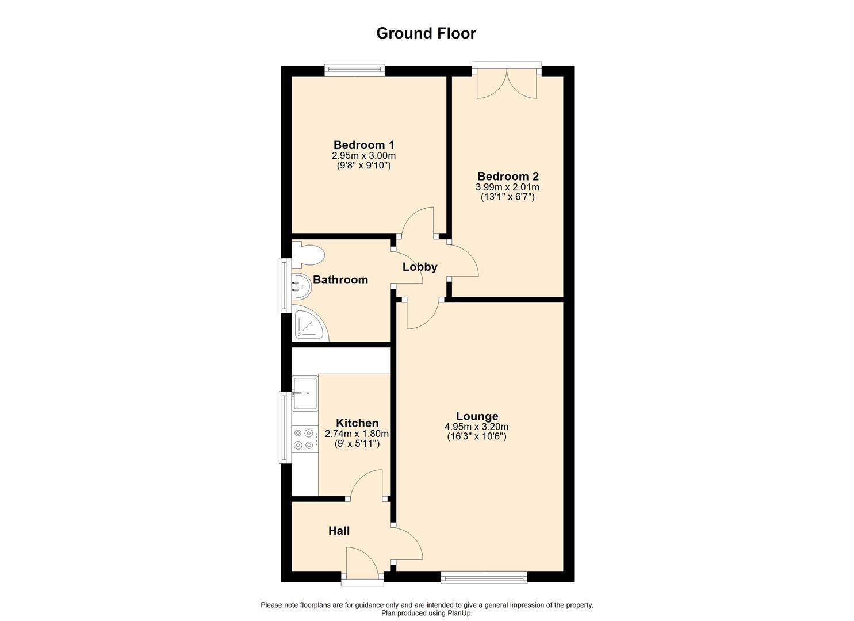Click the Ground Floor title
[426, 33]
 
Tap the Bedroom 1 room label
[363, 145]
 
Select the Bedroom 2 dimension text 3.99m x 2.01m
[507, 187]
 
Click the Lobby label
[420, 267]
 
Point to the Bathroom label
[340, 280]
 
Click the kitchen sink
[305, 393]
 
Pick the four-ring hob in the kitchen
[305, 439]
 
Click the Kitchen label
[357, 423]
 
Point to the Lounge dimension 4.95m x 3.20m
[476, 427]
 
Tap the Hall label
[339, 531]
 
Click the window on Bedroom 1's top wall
[354, 71]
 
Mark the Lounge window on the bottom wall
[484, 577]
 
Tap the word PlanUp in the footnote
[459, 613]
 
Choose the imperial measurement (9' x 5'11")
[357, 444]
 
